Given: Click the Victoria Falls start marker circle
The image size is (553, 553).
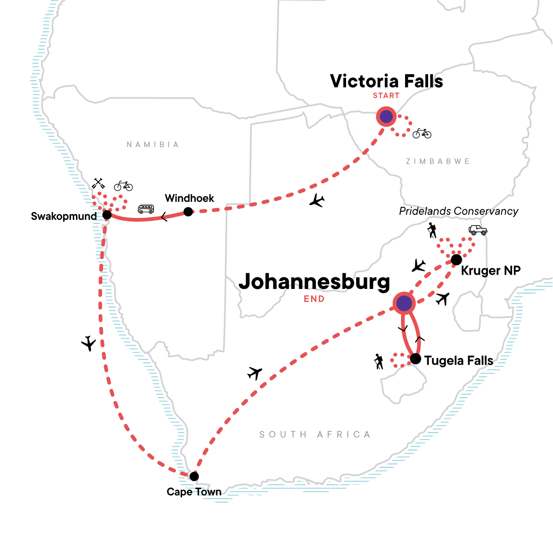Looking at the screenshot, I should tap(386, 117).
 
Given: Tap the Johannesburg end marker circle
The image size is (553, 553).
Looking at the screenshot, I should tap(404, 304).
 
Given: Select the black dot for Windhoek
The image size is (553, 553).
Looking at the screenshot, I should tap(188, 212).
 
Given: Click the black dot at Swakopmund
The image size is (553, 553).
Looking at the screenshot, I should tap(107, 215).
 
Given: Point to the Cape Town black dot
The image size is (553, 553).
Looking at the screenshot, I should tap(194, 476).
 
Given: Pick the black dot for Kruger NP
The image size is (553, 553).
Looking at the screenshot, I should tap(456, 259).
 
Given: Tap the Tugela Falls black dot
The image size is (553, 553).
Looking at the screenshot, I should tap(415, 359).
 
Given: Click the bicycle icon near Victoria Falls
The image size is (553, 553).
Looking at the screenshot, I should tap(422, 133).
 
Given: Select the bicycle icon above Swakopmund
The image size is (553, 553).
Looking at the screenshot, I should tap(123, 186).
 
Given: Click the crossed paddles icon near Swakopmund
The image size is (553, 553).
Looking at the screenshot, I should tap(98, 183).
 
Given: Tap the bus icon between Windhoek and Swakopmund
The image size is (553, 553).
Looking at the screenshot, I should tap(146, 209).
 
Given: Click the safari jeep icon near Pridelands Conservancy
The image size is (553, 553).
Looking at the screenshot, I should tap(477, 230).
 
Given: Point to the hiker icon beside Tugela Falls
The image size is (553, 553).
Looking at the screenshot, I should tap(379, 361).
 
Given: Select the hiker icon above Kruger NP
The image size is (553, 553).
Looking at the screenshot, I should tap(432, 230).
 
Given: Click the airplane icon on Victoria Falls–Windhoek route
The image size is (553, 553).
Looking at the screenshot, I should tap(317, 200).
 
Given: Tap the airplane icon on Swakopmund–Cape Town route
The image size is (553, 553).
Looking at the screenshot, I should tap(88, 343).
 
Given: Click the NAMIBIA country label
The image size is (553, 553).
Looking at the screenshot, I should tap(153, 145).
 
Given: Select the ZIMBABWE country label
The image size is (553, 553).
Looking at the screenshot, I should tap(438, 161).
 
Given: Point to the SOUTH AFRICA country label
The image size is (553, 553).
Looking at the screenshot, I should tap(315, 435).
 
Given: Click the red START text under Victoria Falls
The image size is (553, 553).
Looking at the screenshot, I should tap(386, 96).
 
